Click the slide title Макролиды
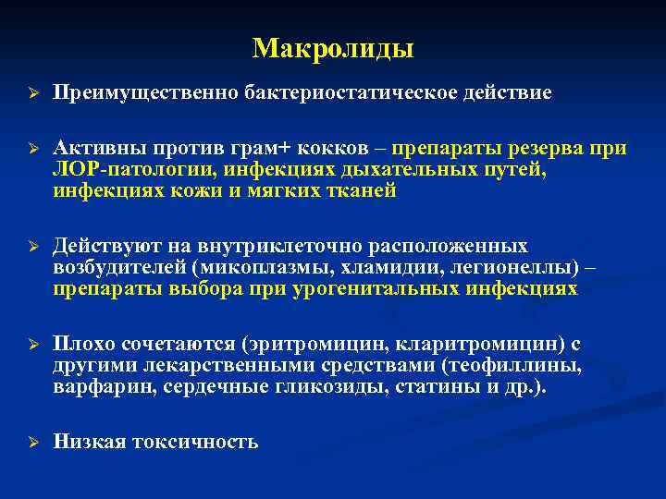pos(333,47)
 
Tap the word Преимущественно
pos(146,93)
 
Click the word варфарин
pos(104,387)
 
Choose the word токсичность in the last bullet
pos(195,442)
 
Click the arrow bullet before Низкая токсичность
pos(31,442)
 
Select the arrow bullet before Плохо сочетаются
pos(31,345)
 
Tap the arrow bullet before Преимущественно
pos(31,93)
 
